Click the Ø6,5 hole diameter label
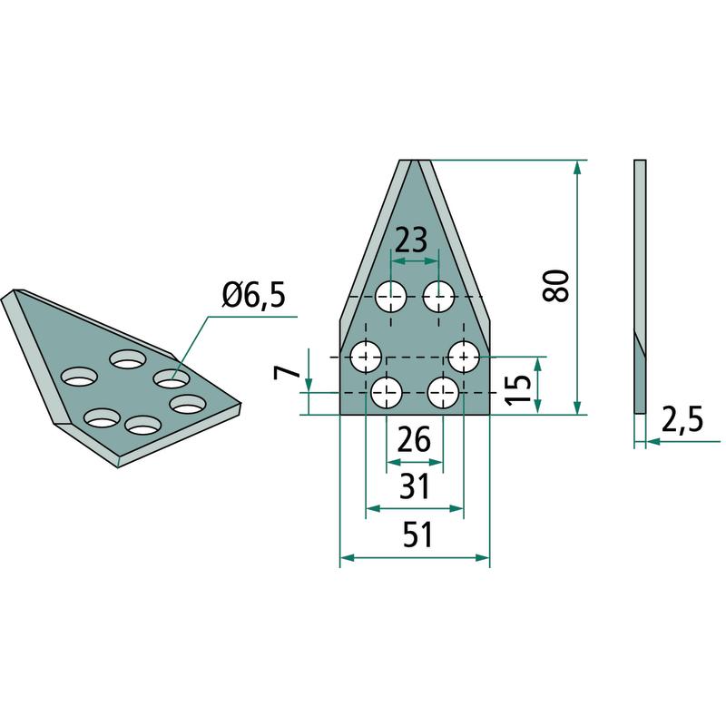click(254, 296)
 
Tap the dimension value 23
click(412, 240)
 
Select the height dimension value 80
click(555, 286)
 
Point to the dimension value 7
click(283, 372)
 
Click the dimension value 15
click(517, 389)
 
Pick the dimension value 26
click(414, 439)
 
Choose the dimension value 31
click(415, 486)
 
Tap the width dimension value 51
click(417, 535)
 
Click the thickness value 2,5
click(682, 419)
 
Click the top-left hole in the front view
click(391, 297)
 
